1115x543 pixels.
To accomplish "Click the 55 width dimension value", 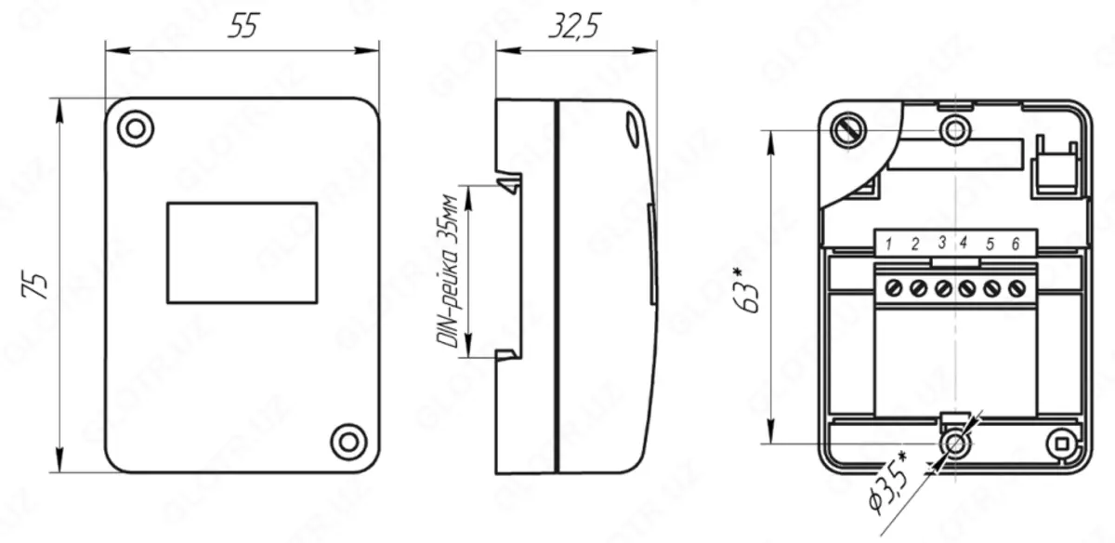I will point(243,28).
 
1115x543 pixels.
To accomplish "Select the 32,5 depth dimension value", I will point(574,27).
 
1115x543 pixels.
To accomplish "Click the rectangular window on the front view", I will point(242,253).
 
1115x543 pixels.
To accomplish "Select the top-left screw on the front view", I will point(136,128).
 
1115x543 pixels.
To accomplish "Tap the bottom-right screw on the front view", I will point(348,441).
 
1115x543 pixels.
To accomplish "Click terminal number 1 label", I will point(889,245).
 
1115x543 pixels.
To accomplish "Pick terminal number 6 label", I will point(1016,244).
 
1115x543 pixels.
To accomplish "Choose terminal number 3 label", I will point(941,244).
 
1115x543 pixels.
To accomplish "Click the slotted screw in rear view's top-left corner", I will point(846,130).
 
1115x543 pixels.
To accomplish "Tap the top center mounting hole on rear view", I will point(954,129).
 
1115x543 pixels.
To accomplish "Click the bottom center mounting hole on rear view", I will point(954,444).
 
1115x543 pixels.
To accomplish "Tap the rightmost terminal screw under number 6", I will point(1016,287).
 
